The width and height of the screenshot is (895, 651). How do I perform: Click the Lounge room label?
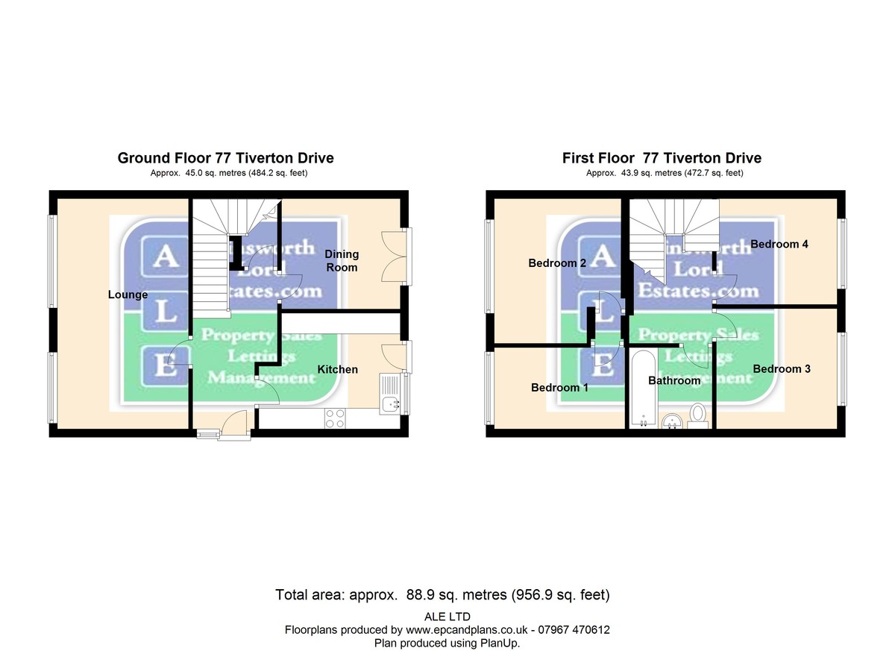(x=128, y=295)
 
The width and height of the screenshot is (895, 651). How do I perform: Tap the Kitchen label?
(x=337, y=369)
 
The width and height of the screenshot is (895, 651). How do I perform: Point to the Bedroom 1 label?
(x=559, y=388)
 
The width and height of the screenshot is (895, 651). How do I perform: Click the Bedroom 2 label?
(x=557, y=262)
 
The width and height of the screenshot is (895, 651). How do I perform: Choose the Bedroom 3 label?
(x=781, y=368)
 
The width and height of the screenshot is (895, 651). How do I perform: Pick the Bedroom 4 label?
(x=779, y=244)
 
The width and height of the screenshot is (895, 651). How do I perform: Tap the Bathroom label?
(x=674, y=380)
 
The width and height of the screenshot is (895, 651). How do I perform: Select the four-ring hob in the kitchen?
(x=335, y=418)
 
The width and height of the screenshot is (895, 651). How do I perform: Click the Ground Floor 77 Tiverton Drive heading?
(x=225, y=158)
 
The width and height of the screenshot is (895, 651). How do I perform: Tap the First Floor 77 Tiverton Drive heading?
(x=662, y=158)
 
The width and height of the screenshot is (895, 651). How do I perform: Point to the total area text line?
(x=443, y=595)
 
